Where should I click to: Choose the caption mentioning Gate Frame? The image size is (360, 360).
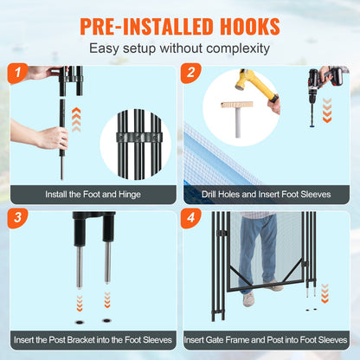[268, 338]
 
